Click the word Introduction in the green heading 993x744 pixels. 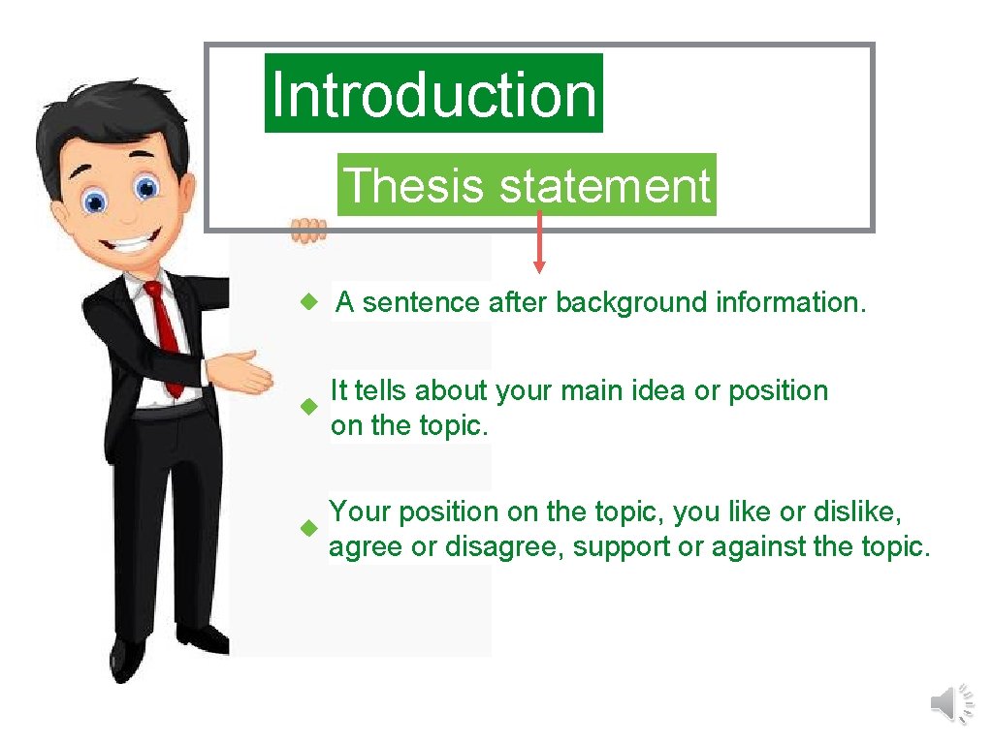pyautogui.click(x=433, y=94)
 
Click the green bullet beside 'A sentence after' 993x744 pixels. pyautogui.click(x=307, y=303)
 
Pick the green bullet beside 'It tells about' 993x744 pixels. pyautogui.click(x=307, y=407)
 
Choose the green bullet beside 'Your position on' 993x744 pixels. pyautogui.click(x=307, y=529)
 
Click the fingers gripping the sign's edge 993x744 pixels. pyautogui.click(x=308, y=230)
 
